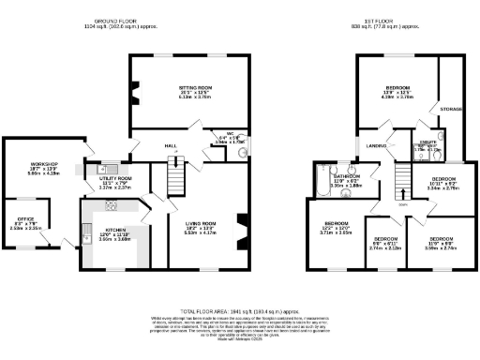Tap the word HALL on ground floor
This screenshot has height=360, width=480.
(x=172, y=146)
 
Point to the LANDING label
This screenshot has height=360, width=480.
(x=377, y=145)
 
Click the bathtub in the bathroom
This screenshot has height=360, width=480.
(x=319, y=181)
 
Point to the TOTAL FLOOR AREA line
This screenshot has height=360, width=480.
(x=240, y=309)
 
